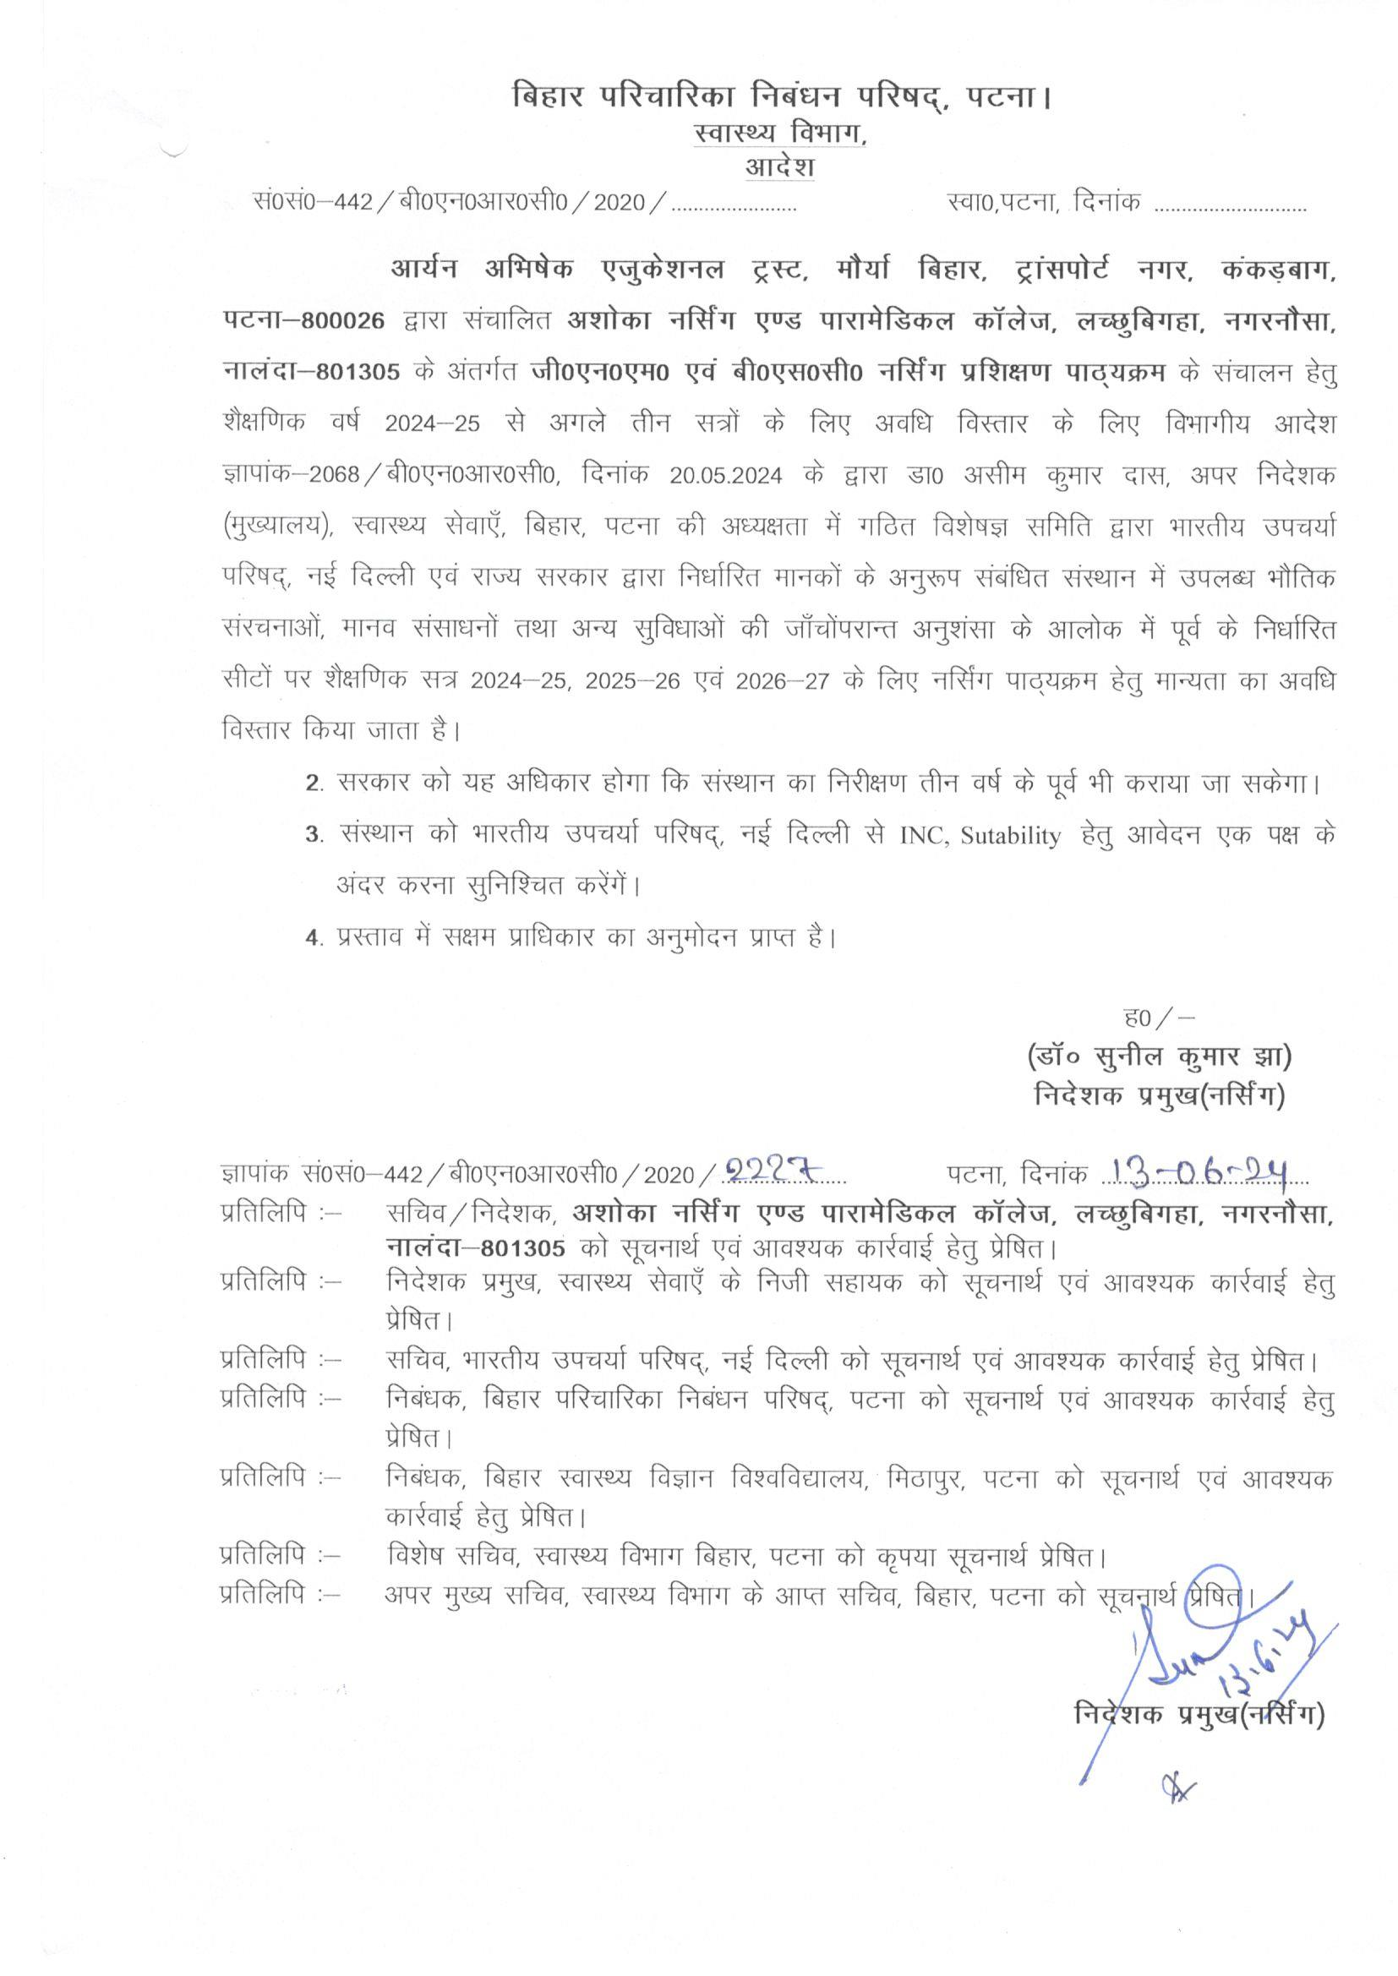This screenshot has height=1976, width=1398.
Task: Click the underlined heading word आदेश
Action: click(779, 167)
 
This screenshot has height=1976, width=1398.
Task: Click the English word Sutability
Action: click(1011, 837)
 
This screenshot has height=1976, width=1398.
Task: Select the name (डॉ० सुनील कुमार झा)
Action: click(1159, 1056)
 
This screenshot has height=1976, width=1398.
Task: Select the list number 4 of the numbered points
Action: click(314, 937)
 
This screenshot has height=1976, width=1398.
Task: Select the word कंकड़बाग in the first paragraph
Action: click(1279, 270)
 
